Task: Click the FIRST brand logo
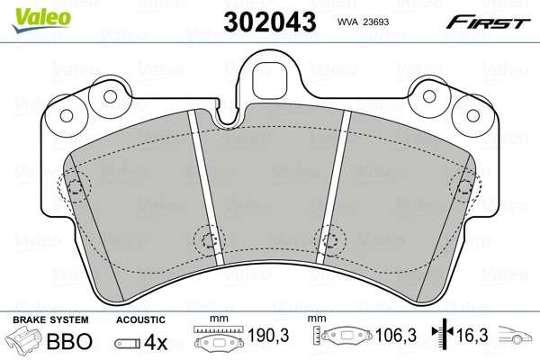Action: [488, 21]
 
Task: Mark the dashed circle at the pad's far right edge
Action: [463, 186]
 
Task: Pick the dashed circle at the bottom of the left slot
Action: [208, 240]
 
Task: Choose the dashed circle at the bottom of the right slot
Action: [329, 240]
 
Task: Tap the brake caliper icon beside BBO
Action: [24, 342]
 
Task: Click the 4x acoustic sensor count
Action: [156, 342]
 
